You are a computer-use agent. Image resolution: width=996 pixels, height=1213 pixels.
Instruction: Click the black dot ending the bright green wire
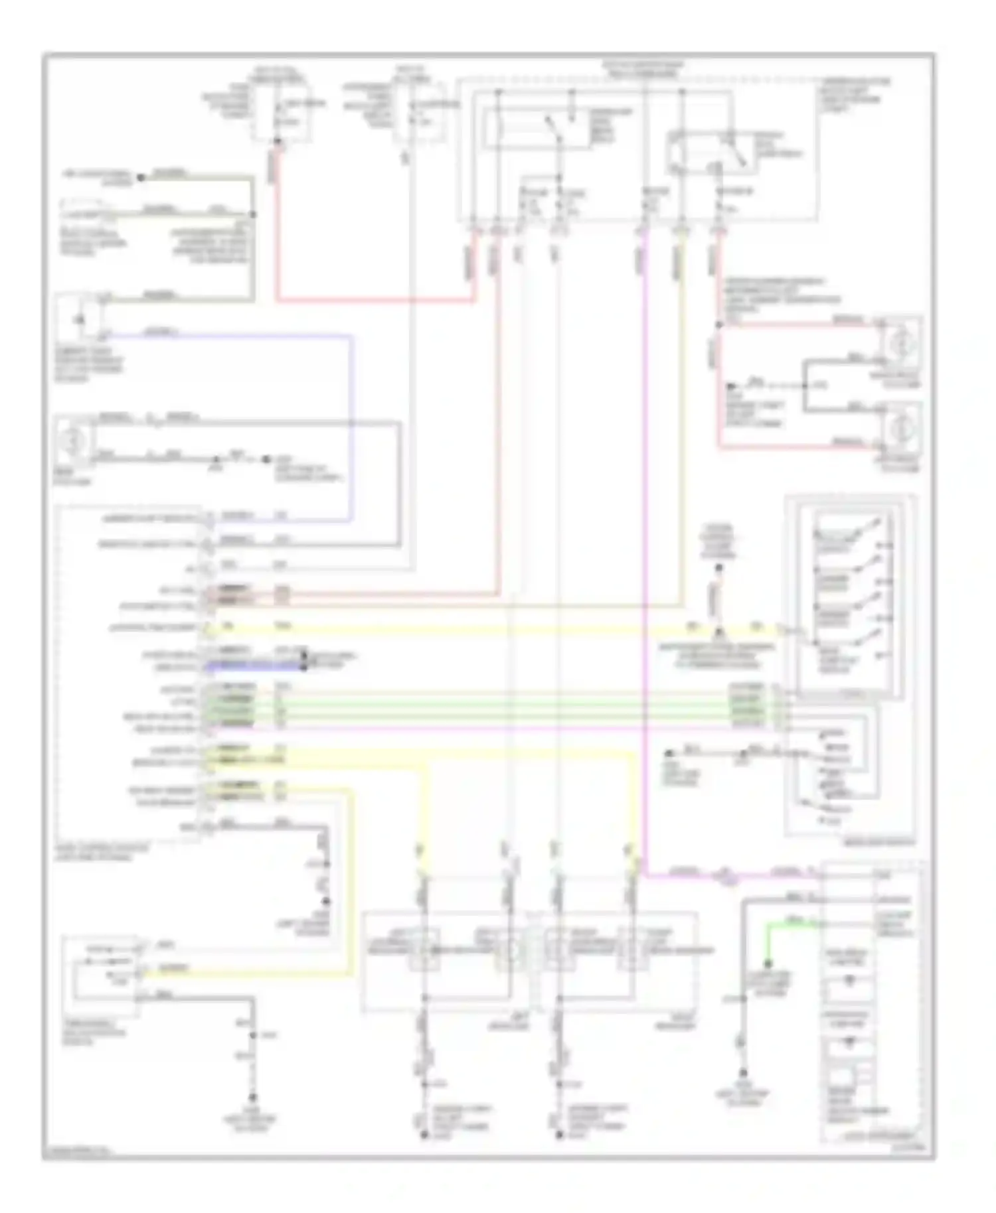pos(767,963)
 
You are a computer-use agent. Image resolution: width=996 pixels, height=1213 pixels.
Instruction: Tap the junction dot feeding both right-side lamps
pos(718,325)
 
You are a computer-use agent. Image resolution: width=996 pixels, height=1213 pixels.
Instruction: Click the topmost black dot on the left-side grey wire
pos(141,178)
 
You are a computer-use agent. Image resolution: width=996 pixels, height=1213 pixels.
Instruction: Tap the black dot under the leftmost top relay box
pos(277,140)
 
